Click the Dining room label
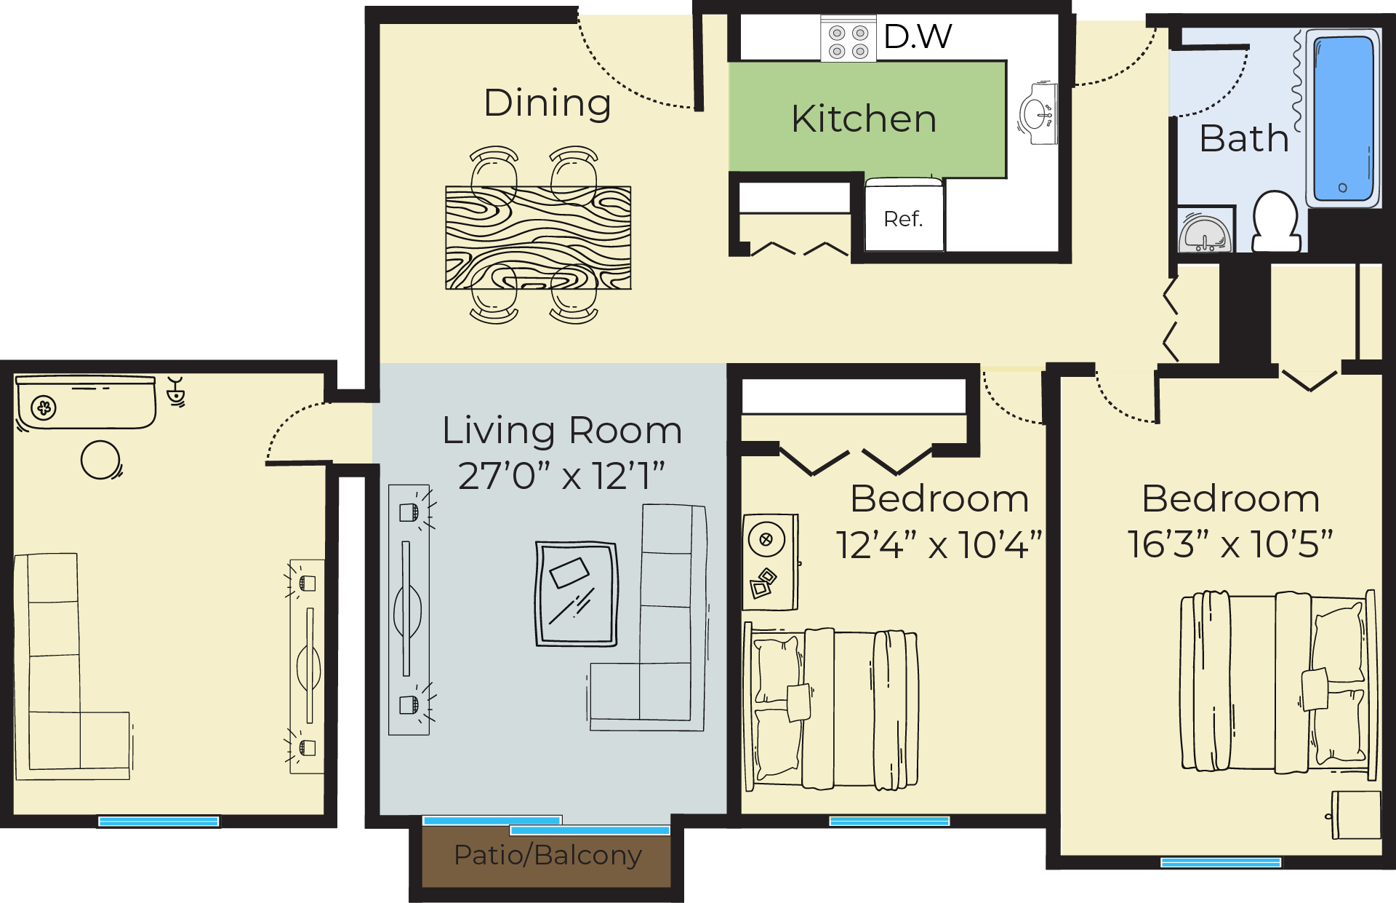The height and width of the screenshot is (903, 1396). [547, 103]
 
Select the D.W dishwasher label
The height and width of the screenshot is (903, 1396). [918, 36]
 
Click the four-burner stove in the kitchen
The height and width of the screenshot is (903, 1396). [849, 41]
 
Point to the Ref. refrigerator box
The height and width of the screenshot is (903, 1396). [904, 218]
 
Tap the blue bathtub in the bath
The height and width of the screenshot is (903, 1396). [1343, 119]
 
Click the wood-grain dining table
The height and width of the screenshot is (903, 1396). [538, 238]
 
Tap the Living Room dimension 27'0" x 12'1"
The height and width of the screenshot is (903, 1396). [561, 477]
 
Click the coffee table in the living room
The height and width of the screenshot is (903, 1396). [577, 594]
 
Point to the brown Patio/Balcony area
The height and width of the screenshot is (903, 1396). [547, 856]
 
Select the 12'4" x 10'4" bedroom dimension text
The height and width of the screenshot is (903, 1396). [938, 545]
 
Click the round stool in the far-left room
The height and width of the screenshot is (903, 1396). [100, 460]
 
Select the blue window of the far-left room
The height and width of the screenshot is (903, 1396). [159, 821]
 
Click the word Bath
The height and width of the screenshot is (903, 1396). [1244, 138]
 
